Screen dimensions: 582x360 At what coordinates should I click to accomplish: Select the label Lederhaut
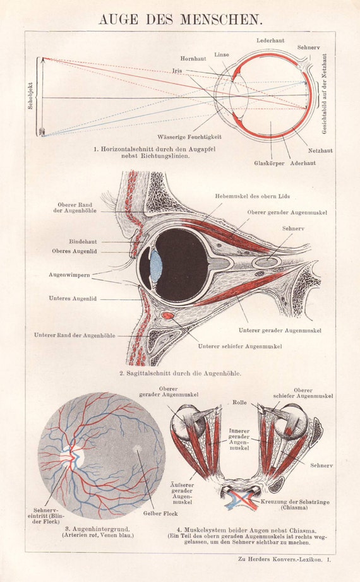point(270,40)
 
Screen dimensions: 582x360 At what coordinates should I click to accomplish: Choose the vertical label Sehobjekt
point(30,97)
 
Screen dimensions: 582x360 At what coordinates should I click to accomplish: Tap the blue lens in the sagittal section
point(155,266)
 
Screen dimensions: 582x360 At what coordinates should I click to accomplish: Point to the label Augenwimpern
point(69,275)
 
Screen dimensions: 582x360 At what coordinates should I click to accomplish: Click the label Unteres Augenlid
point(73,298)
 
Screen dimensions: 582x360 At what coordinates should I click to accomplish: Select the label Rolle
point(239,401)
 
